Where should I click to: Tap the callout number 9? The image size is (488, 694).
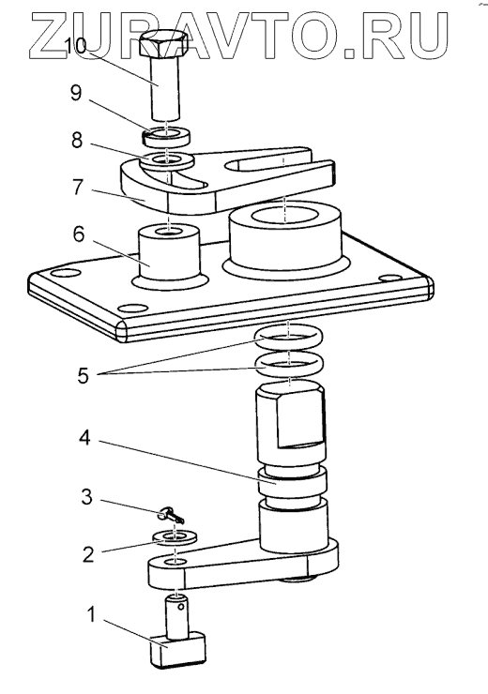[x=76, y=94]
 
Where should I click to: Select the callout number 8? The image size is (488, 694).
[x=77, y=140]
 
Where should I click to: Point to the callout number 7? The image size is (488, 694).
[x=78, y=187]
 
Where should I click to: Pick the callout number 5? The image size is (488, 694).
[x=83, y=376]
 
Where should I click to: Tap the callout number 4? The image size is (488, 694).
[x=84, y=438]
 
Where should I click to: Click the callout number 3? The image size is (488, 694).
[x=86, y=497]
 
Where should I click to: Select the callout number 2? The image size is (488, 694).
[x=88, y=554]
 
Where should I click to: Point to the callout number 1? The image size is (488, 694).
[x=92, y=615]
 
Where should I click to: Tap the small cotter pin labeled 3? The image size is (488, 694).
[x=171, y=516]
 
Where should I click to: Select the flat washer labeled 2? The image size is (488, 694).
[x=175, y=538]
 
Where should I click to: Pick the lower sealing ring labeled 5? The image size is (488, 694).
[x=288, y=365]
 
